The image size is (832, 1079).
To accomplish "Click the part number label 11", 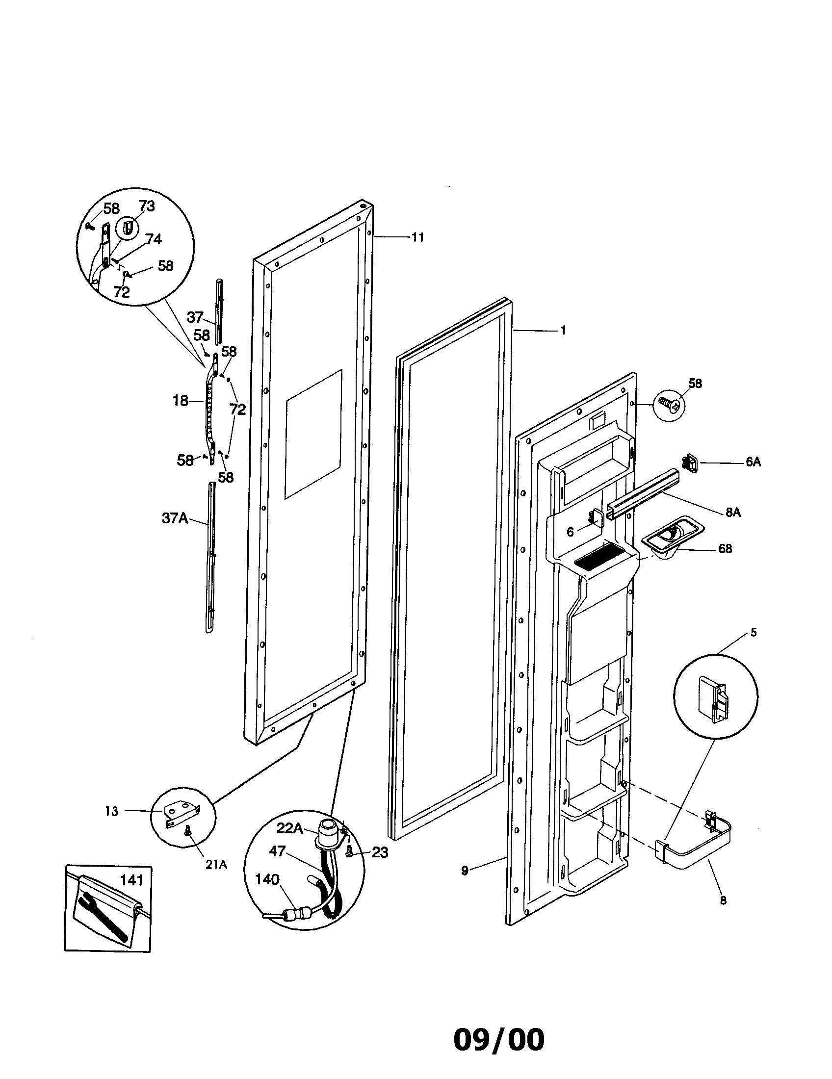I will tap(417, 238).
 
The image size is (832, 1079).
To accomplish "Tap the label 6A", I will tap(753, 462).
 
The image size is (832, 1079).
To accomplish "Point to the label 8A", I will tap(733, 513).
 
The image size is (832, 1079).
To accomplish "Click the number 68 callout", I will tap(724, 549).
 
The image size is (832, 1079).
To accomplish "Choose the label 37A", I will tap(175, 518).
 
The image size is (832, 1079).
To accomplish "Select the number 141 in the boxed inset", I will tap(131, 880).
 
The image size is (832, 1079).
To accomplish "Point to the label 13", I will tap(112, 811).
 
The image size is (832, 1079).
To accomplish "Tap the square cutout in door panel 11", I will tap(313, 434).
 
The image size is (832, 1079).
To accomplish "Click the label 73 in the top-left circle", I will tap(146, 206).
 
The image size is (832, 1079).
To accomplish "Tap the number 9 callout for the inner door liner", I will tap(465, 871).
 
